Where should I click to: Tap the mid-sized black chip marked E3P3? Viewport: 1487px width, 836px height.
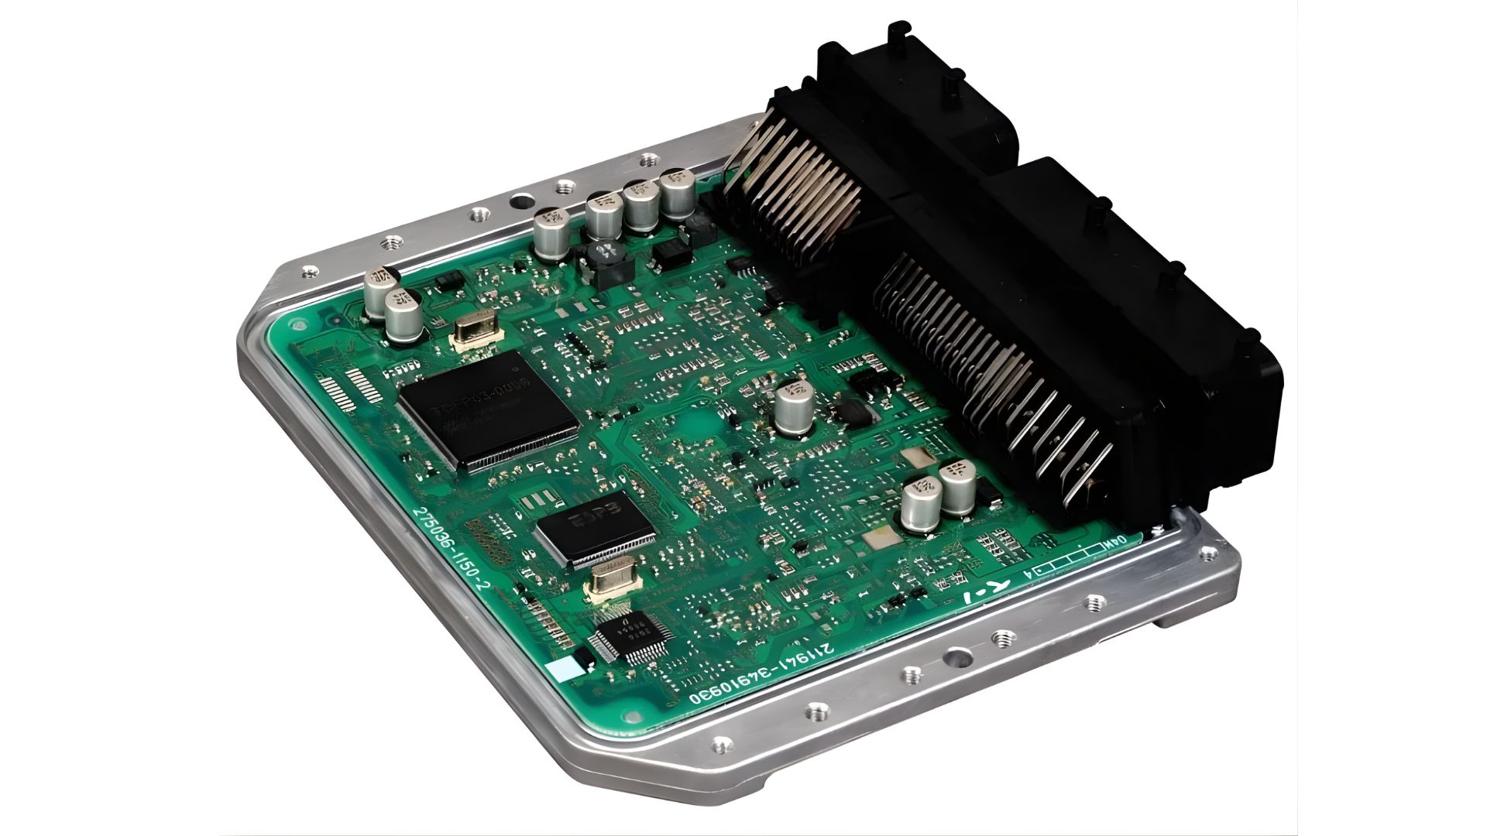(595, 526)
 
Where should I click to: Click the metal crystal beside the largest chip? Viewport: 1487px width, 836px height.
(474, 334)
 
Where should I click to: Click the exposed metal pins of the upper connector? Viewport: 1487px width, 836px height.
(798, 194)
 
